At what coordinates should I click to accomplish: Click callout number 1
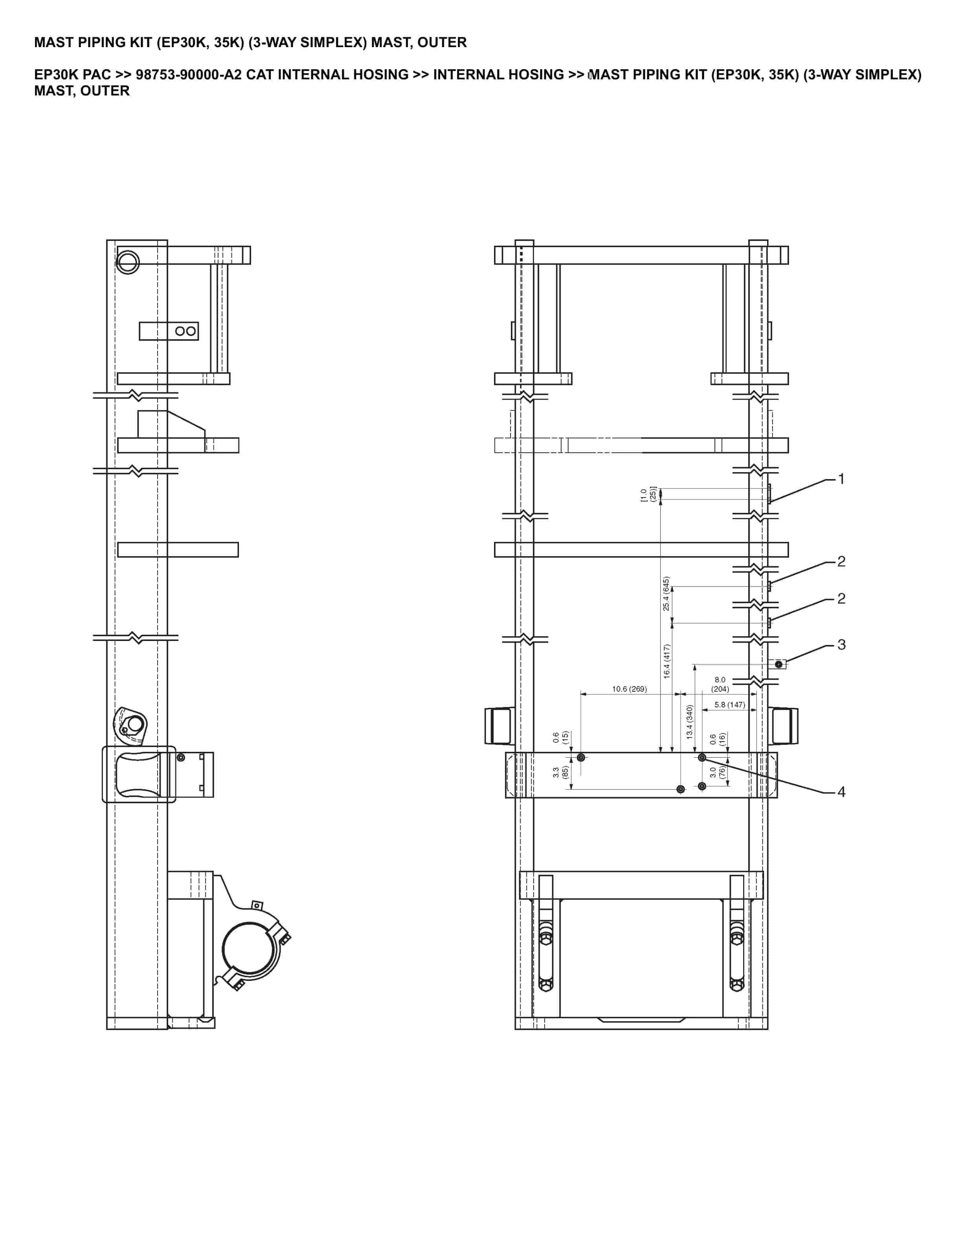[x=841, y=479]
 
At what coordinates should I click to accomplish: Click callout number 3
[x=841, y=645]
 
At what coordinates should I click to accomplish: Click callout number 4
[x=841, y=792]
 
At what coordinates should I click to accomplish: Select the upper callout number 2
[x=841, y=562]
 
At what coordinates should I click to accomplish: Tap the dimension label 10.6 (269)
[x=629, y=689]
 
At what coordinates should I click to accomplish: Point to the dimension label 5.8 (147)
[x=729, y=705]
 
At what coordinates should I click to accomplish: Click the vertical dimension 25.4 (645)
[x=666, y=593]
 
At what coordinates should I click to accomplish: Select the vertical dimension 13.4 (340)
[x=690, y=722]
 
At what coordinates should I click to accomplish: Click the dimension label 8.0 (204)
[x=720, y=684]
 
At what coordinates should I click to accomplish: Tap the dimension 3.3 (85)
[x=561, y=772]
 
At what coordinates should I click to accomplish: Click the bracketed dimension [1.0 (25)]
[x=648, y=494]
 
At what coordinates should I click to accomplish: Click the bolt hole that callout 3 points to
[x=778, y=664]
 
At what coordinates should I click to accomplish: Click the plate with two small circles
[x=169, y=331]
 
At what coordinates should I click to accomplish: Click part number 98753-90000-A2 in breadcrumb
[x=189, y=75]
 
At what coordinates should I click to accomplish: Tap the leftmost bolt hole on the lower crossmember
[x=581, y=758]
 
